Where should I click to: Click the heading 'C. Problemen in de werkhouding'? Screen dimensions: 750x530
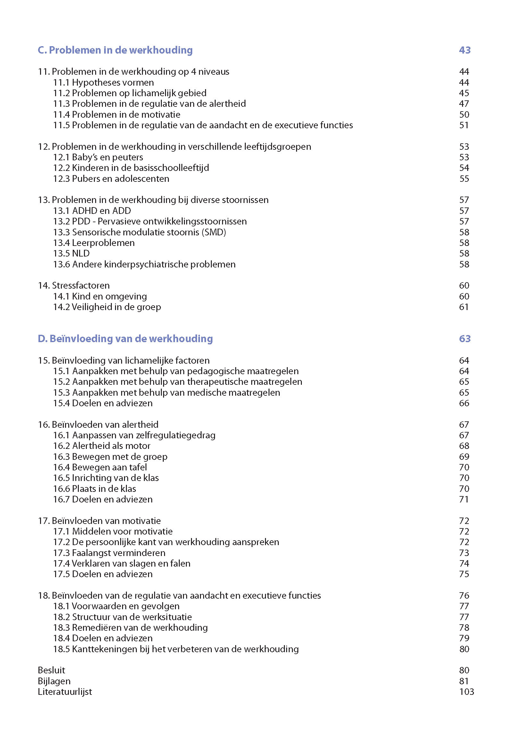(x=115, y=50)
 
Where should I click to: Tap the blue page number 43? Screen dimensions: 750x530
(x=464, y=50)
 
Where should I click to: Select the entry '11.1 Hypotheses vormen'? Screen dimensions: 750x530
(x=104, y=82)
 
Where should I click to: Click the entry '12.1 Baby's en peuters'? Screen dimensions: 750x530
(x=98, y=157)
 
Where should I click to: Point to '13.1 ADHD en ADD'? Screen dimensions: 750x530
(x=92, y=211)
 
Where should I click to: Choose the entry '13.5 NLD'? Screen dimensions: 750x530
(x=71, y=254)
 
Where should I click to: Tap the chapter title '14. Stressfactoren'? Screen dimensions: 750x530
(x=74, y=285)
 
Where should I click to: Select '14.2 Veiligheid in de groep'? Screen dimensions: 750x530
(x=107, y=307)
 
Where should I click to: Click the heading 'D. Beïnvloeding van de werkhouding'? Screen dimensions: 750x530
(x=125, y=339)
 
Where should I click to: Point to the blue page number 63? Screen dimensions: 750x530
(x=464, y=339)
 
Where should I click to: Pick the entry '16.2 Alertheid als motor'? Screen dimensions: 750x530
(x=102, y=446)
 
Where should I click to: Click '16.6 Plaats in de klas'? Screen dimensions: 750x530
(x=95, y=489)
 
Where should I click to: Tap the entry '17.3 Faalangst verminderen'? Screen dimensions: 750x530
(x=109, y=553)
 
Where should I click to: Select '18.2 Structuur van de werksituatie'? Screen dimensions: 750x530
(x=122, y=617)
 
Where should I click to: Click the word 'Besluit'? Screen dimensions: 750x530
(x=52, y=670)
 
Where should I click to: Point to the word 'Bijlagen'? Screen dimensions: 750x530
(x=54, y=681)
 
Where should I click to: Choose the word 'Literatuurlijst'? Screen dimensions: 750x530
(x=65, y=692)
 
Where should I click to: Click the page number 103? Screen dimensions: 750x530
(x=466, y=692)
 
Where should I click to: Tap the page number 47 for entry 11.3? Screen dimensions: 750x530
(x=464, y=104)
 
